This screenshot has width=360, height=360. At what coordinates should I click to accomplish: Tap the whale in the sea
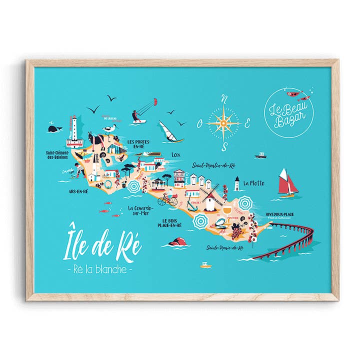click(x=53, y=128)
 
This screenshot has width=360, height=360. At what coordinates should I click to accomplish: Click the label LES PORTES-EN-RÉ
click(x=138, y=144)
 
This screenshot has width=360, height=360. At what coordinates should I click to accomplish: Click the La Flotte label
click(x=254, y=183)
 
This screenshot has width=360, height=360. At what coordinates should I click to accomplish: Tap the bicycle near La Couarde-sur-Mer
click(x=167, y=200)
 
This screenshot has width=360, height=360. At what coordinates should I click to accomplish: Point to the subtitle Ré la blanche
click(x=100, y=269)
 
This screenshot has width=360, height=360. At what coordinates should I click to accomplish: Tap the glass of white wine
click(x=229, y=212)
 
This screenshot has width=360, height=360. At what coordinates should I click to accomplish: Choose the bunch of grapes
click(x=235, y=230)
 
